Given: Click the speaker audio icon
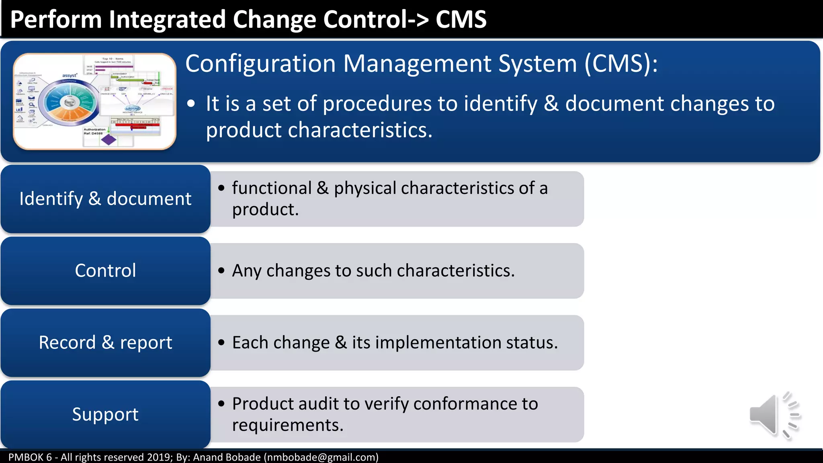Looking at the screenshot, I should [774, 415].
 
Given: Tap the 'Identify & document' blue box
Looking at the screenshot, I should [105, 199].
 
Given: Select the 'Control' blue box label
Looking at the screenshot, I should [105, 270].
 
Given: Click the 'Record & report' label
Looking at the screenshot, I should [105, 342].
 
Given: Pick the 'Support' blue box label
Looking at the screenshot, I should [105, 414].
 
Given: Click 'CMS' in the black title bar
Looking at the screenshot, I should [461, 19].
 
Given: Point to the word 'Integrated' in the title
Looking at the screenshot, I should [167, 19].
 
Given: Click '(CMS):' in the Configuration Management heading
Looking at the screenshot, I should [621, 64].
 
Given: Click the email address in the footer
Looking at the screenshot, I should [321, 457].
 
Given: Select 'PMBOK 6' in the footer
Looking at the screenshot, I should [30, 457].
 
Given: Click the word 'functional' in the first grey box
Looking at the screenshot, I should [272, 188].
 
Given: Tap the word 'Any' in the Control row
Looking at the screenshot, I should [246, 271].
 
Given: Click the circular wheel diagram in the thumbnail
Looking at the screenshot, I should [70, 102].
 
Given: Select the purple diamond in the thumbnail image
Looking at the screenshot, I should [109, 139].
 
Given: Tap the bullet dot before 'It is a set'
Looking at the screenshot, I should [191, 104].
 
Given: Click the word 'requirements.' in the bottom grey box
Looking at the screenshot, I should [288, 425].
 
